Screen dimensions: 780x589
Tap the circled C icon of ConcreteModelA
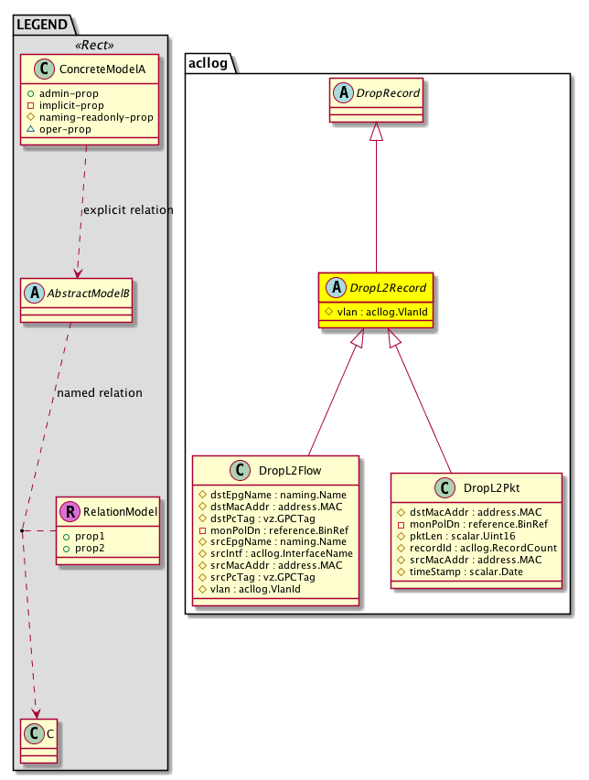point(39,69)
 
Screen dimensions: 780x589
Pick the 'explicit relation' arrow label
point(127,210)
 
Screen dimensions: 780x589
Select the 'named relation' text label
point(99,393)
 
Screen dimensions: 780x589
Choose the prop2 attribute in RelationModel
point(89,549)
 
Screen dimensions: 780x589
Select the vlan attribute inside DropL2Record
point(376,313)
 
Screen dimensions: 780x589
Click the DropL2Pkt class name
point(486,487)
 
